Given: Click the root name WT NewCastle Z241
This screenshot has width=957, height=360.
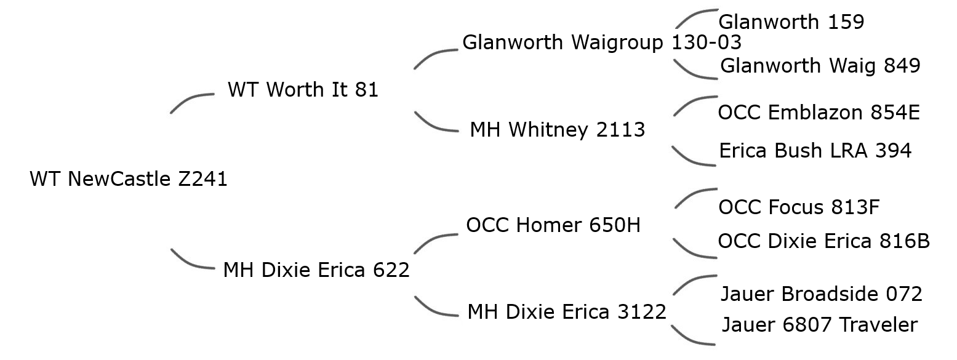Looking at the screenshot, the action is coord(129,179).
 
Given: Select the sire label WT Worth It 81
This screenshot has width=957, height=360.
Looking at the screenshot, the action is coord(303,90).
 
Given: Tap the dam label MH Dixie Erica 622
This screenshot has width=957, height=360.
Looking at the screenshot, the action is coord(316,270).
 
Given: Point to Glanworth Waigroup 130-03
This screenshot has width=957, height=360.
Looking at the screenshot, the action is coord(601,42).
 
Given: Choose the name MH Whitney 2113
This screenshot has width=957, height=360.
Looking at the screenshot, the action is coord(557,130).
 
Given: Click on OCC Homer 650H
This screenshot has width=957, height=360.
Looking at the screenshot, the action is coord(553,225).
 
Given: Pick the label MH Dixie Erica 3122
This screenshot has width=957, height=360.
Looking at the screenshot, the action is coord(566,312).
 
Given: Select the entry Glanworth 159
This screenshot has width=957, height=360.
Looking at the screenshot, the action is coord(791,22).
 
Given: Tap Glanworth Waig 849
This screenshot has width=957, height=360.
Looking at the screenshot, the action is coord(820,65).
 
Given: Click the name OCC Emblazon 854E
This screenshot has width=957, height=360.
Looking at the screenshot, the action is coord(819,113).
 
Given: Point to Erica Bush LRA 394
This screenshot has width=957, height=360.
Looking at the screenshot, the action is coord(815,150).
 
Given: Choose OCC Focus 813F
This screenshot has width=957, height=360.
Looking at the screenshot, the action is coord(798,207).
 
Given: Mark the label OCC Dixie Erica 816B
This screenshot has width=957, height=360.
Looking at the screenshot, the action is coord(823,241).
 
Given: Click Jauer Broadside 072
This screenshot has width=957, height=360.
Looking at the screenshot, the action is coord(821,294).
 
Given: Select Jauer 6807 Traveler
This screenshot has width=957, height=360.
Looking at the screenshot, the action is coord(819,324).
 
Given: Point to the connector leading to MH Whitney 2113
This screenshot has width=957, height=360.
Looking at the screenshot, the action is coord(434,125).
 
